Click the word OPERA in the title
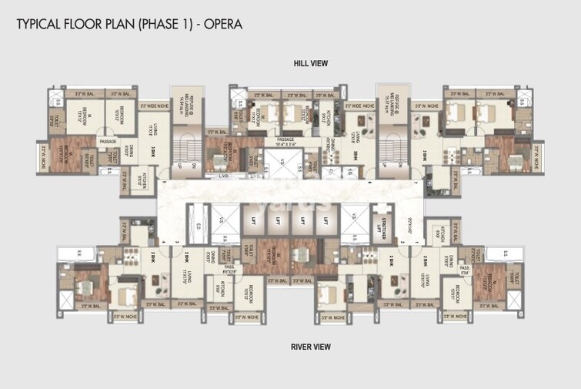point(223,24)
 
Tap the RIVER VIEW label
point(311,347)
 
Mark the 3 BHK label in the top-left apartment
point(153,151)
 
